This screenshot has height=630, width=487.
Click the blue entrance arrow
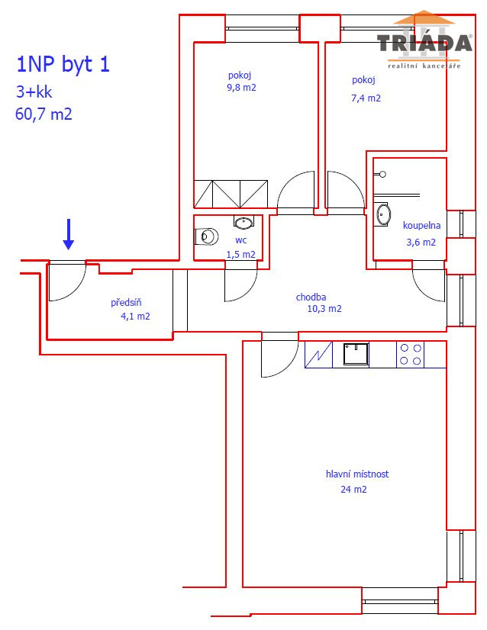pyautogui.click(x=69, y=234)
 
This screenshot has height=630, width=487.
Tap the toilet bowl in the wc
pyautogui.click(x=207, y=236)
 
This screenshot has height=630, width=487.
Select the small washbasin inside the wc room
pyautogui.click(x=243, y=222)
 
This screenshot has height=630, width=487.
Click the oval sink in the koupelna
pyautogui.click(x=382, y=214)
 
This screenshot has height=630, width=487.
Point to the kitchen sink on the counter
pyautogui.click(x=356, y=354)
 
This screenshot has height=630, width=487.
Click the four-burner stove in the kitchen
pyautogui.click(x=410, y=355)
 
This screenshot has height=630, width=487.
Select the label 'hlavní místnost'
pyautogui.click(x=357, y=474)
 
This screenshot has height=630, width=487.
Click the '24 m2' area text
pyautogui.click(x=353, y=490)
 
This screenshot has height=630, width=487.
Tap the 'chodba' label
pyautogui.click(x=311, y=297)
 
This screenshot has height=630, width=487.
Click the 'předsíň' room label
pyautogui.click(x=126, y=302)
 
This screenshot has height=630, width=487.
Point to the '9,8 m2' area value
pyautogui.click(x=241, y=88)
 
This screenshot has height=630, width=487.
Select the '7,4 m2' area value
pyautogui.click(x=366, y=98)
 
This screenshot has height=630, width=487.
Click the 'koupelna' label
pyautogui.click(x=421, y=226)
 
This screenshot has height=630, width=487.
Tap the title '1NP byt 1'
pyautogui.click(x=63, y=64)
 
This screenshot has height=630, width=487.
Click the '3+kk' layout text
pyautogui.click(x=34, y=92)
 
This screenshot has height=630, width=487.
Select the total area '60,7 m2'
pyautogui.click(x=44, y=114)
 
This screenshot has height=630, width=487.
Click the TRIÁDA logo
pyautogui.click(x=424, y=40)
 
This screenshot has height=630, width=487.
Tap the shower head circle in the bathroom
pyautogui.click(x=383, y=175)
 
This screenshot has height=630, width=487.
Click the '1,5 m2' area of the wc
pyautogui.click(x=241, y=254)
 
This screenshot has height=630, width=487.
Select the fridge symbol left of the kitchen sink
pyautogui.click(x=318, y=355)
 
